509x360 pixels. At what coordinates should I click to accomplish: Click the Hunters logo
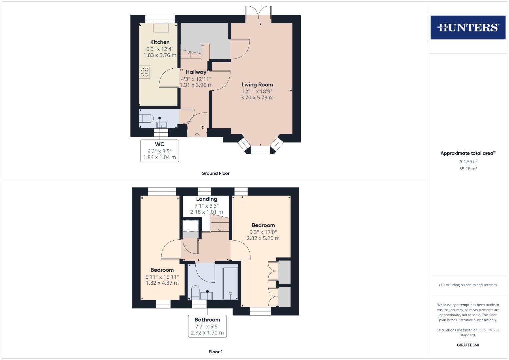point(468,27)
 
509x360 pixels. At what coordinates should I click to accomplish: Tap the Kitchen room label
point(160,42)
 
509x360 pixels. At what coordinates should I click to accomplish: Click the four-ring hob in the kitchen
point(144,72)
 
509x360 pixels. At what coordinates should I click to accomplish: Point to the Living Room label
point(257,85)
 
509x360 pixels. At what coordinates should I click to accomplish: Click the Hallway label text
point(196,72)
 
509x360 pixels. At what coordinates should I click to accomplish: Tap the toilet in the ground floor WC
point(146,118)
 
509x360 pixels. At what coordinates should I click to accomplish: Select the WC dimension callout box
point(160,151)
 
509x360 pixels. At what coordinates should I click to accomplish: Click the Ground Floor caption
point(215,173)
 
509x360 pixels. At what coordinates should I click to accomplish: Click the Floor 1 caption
point(215,352)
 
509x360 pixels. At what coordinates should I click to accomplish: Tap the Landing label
point(207,199)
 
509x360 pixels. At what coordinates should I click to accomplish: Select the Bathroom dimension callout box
point(207,326)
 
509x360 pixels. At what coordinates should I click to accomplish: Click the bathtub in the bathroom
point(230,283)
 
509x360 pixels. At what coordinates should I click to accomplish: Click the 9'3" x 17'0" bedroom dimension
point(263,232)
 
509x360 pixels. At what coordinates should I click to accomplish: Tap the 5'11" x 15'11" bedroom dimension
point(162,277)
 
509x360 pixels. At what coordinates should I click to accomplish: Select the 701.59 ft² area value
point(468,162)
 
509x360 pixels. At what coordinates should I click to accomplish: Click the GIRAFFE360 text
point(468,345)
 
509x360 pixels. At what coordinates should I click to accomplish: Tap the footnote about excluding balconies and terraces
point(468,285)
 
